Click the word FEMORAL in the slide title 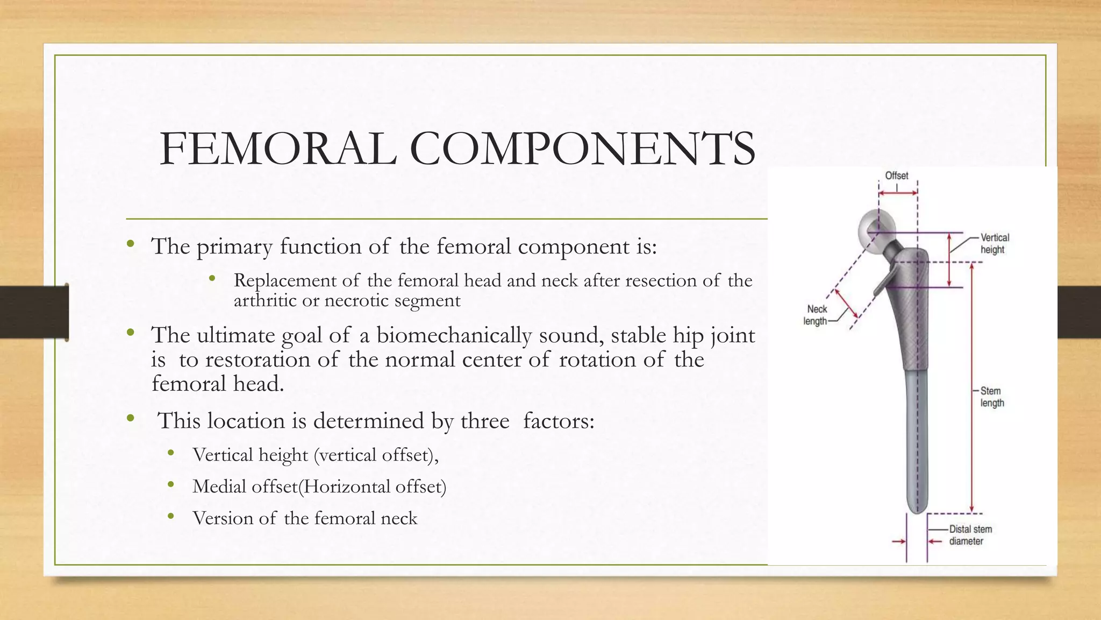click(278, 149)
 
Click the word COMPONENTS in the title click(582, 149)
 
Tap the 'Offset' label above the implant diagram click(896, 176)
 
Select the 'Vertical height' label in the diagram click(995, 243)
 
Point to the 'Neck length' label click(816, 315)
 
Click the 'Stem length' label click(991, 397)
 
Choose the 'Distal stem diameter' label click(970, 535)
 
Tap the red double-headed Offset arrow click(898, 193)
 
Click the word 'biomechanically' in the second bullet click(454, 335)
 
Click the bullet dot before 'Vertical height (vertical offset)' click(171, 453)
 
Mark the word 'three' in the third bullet click(485, 421)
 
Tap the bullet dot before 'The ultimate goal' click(130, 333)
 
